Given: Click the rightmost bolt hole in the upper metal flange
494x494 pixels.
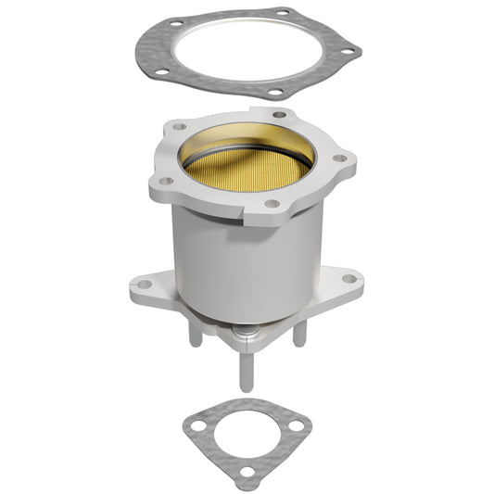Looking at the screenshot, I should pos(340,158).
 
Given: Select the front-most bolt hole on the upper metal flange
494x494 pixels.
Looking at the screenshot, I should pos(272,203).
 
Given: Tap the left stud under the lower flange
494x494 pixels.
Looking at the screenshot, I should pos(196,334).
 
